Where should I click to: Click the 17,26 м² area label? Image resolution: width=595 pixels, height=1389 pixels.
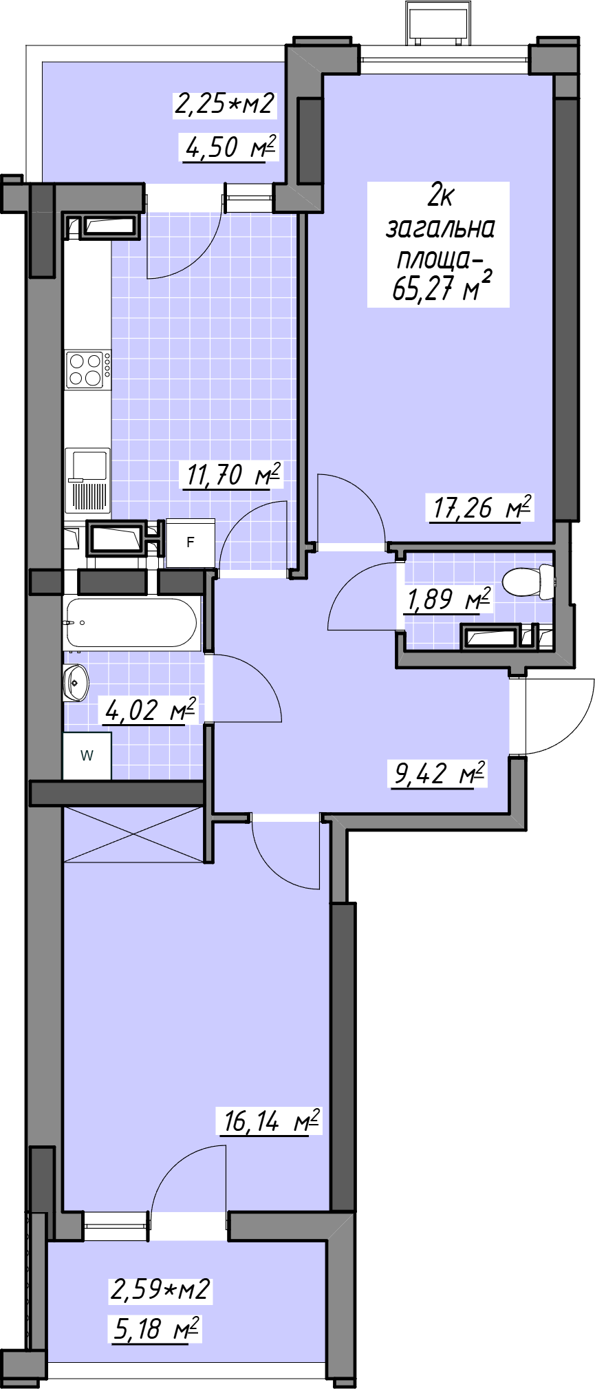pyautogui.click(x=482, y=508)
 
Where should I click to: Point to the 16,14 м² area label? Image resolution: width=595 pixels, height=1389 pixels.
pyautogui.click(x=270, y=1121)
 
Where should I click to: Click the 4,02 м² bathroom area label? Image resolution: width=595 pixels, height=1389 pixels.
pyautogui.click(x=150, y=710)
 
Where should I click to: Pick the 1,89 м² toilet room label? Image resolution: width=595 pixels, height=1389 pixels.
pyautogui.click(x=448, y=599)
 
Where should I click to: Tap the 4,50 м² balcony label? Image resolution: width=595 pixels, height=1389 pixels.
pyautogui.click(x=230, y=147)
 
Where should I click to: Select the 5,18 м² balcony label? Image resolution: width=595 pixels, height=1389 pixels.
pyautogui.click(x=156, y=1328)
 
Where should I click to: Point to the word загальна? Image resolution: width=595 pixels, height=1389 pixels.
pyautogui.click(x=440, y=228)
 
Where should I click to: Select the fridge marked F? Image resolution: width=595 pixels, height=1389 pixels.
pyautogui.click(x=190, y=543)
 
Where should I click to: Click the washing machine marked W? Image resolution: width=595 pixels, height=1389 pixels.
pyautogui.click(x=87, y=756)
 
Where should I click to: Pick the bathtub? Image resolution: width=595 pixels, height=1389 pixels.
pyautogui.click(x=132, y=623)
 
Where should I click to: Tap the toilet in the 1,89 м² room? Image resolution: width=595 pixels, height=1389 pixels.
pyautogui.click(x=528, y=582)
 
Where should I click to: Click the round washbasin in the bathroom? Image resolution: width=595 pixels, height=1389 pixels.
pyautogui.click(x=76, y=683)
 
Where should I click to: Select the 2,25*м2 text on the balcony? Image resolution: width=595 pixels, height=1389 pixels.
pyautogui.click(x=225, y=104)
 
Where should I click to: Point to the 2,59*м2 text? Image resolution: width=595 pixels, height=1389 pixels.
pyautogui.click(x=160, y=1289)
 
